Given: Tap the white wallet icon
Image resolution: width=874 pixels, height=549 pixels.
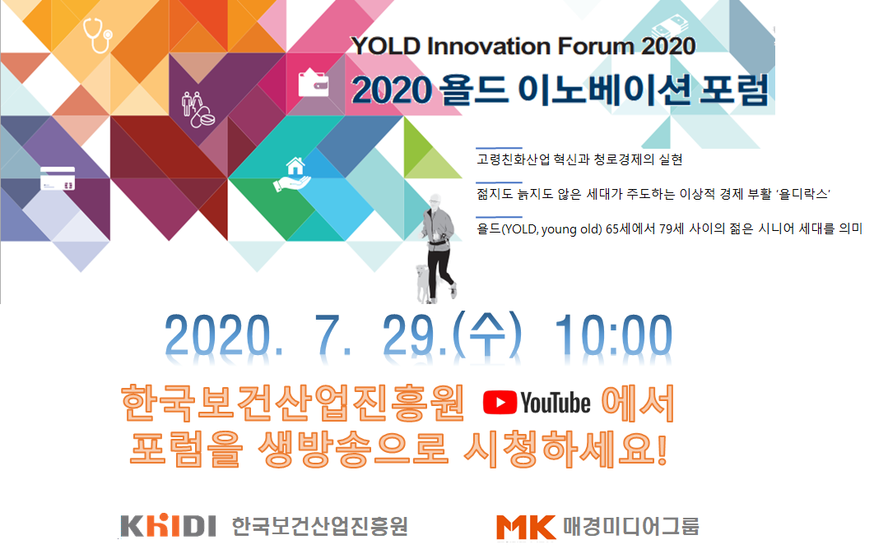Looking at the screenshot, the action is coord(314,83).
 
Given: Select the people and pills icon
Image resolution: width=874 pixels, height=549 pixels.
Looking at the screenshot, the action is coord(198,109).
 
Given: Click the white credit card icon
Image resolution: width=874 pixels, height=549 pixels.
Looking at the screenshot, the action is coord(58,178).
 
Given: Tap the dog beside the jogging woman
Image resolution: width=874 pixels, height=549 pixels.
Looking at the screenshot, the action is coord(425,284).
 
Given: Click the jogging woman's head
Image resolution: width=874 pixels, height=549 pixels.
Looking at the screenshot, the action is coord(435,201).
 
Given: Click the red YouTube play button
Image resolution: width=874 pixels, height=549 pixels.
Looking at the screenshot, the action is coord(500,403).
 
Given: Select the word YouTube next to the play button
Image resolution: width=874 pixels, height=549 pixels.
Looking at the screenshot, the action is coord(556,403).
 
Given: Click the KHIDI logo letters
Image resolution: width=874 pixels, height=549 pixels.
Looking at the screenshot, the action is coord(169,526).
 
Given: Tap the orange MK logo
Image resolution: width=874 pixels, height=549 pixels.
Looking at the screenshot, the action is coord(526,527).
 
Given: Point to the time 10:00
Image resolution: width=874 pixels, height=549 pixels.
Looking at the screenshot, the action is coord(613,335).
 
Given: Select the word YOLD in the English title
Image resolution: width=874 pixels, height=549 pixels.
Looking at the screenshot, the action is coord(384,46).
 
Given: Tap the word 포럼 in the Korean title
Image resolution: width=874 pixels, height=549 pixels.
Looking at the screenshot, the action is coord(733,89).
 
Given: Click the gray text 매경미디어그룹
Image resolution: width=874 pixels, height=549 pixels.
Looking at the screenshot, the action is coord(630,526).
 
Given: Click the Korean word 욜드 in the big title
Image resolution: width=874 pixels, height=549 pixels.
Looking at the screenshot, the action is coord(474,89).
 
